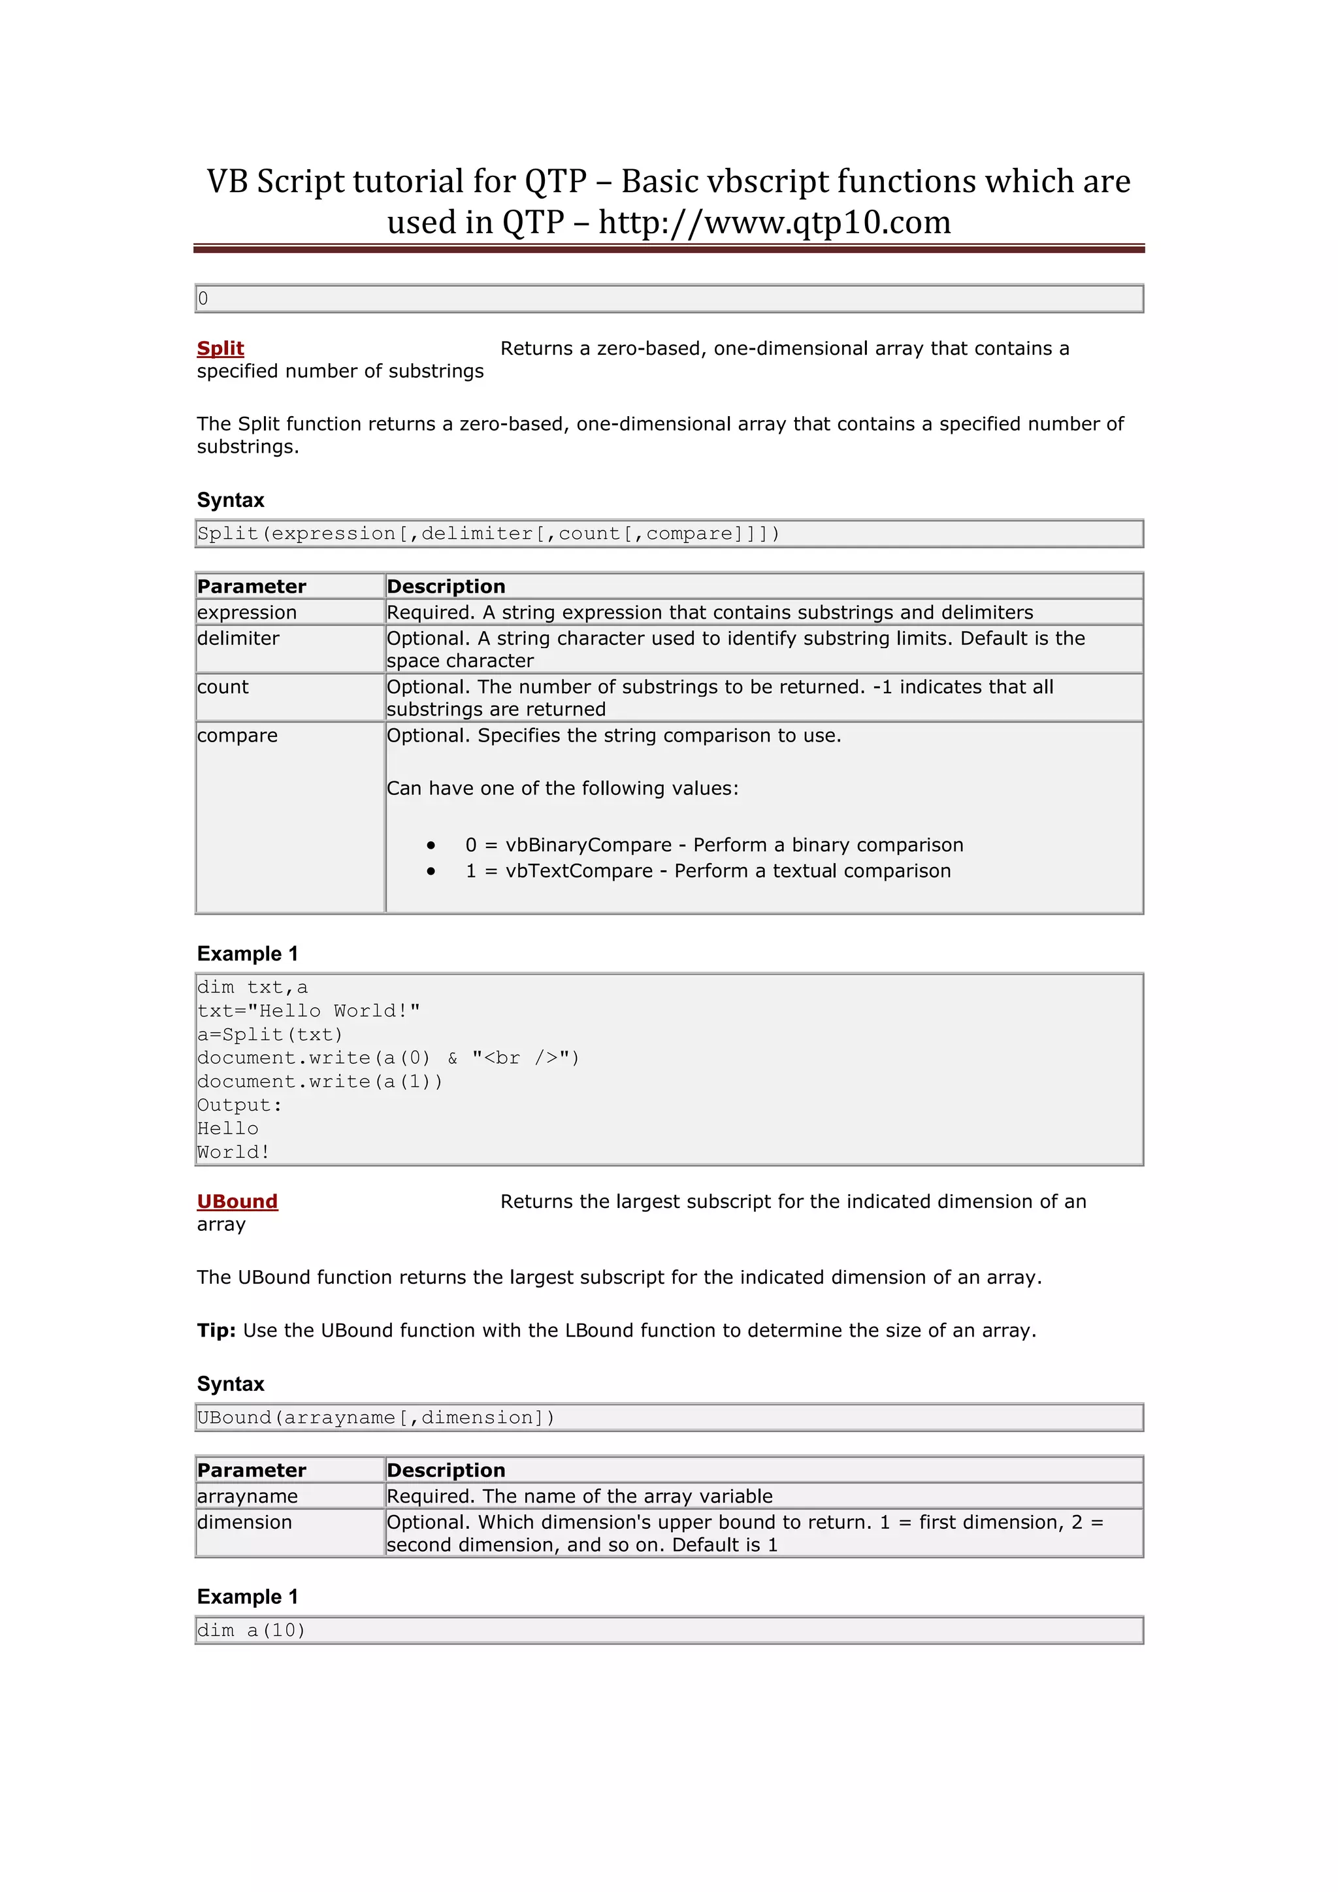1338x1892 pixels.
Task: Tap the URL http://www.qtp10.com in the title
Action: pos(774,223)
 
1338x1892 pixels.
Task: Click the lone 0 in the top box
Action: pos(203,299)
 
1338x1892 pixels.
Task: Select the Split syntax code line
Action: pos(488,533)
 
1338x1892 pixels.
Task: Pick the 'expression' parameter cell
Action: pos(247,612)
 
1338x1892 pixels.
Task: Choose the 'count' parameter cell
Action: pos(223,687)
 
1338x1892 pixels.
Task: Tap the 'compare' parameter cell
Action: pos(237,735)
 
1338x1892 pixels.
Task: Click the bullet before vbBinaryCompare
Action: pos(431,845)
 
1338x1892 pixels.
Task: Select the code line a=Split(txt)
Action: pos(269,1034)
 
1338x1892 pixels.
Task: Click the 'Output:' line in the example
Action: pos(240,1105)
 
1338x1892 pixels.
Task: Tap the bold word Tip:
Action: pos(216,1330)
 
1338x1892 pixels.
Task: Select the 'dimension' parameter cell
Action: pos(245,1522)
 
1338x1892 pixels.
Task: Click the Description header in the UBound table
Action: pos(446,1470)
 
